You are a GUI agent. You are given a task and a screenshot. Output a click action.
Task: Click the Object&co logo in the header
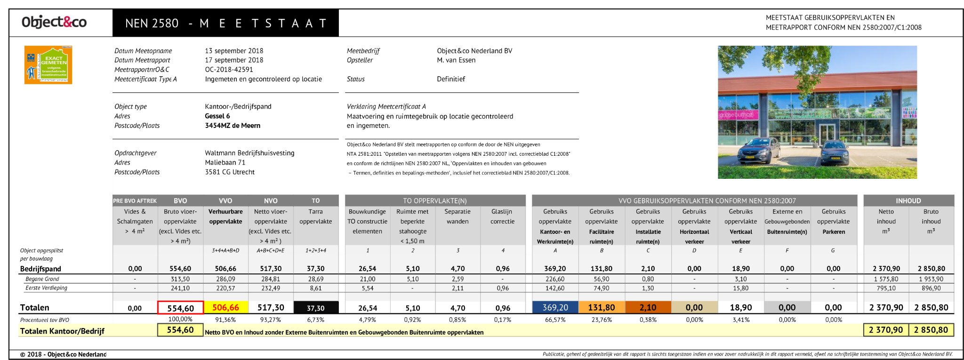pyautogui.click(x=54, y=22)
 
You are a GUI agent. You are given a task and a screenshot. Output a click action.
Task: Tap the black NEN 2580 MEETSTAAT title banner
pyautogui.click(x=225, y=23)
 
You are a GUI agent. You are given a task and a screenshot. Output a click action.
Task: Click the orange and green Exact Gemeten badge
pyautogui.click(x=48, y=65)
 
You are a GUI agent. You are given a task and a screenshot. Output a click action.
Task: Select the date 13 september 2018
pyautogui.click(x=234, y=51)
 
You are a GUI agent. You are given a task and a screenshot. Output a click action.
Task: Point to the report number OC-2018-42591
pyautogui.click(x=229, y=69)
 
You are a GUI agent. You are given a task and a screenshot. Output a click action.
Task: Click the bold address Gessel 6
pyautogui.click(x=217, y=116)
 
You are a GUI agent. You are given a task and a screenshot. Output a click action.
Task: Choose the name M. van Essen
pyautogui.click(x=456, y=60)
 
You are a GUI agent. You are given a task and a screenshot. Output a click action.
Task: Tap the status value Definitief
pyautogui.click(x=450, y=79)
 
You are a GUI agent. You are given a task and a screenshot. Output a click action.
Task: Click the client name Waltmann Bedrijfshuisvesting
pyautogui.click(x=249, y=153)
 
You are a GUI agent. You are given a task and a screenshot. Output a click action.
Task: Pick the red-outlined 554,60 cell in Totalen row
pyautogui.click(x=180, y=308)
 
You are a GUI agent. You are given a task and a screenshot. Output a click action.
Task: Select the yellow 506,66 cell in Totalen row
pyautogui.click(x=225, y=307)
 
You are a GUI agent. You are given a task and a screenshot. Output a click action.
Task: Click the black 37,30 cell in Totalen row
pyautogui.click(x=316, y=308)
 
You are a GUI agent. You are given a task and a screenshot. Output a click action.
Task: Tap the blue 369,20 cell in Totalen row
pyautogui.click(x=555, y=307)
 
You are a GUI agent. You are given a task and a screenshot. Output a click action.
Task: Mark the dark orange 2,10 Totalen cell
pyautogui.click(x=648, y=307)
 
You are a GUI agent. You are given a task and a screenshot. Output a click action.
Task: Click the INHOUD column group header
pyautogui.click(x=908, y=200)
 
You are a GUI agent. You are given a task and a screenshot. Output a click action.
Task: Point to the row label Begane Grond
pyautogui.click(x=42, y=279)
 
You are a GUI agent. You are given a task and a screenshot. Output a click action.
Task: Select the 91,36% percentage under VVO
pyautogui.click(x=225, y=320)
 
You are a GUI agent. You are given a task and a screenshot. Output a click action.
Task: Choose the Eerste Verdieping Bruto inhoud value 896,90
pyautogui.click(x=931, y=288)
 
